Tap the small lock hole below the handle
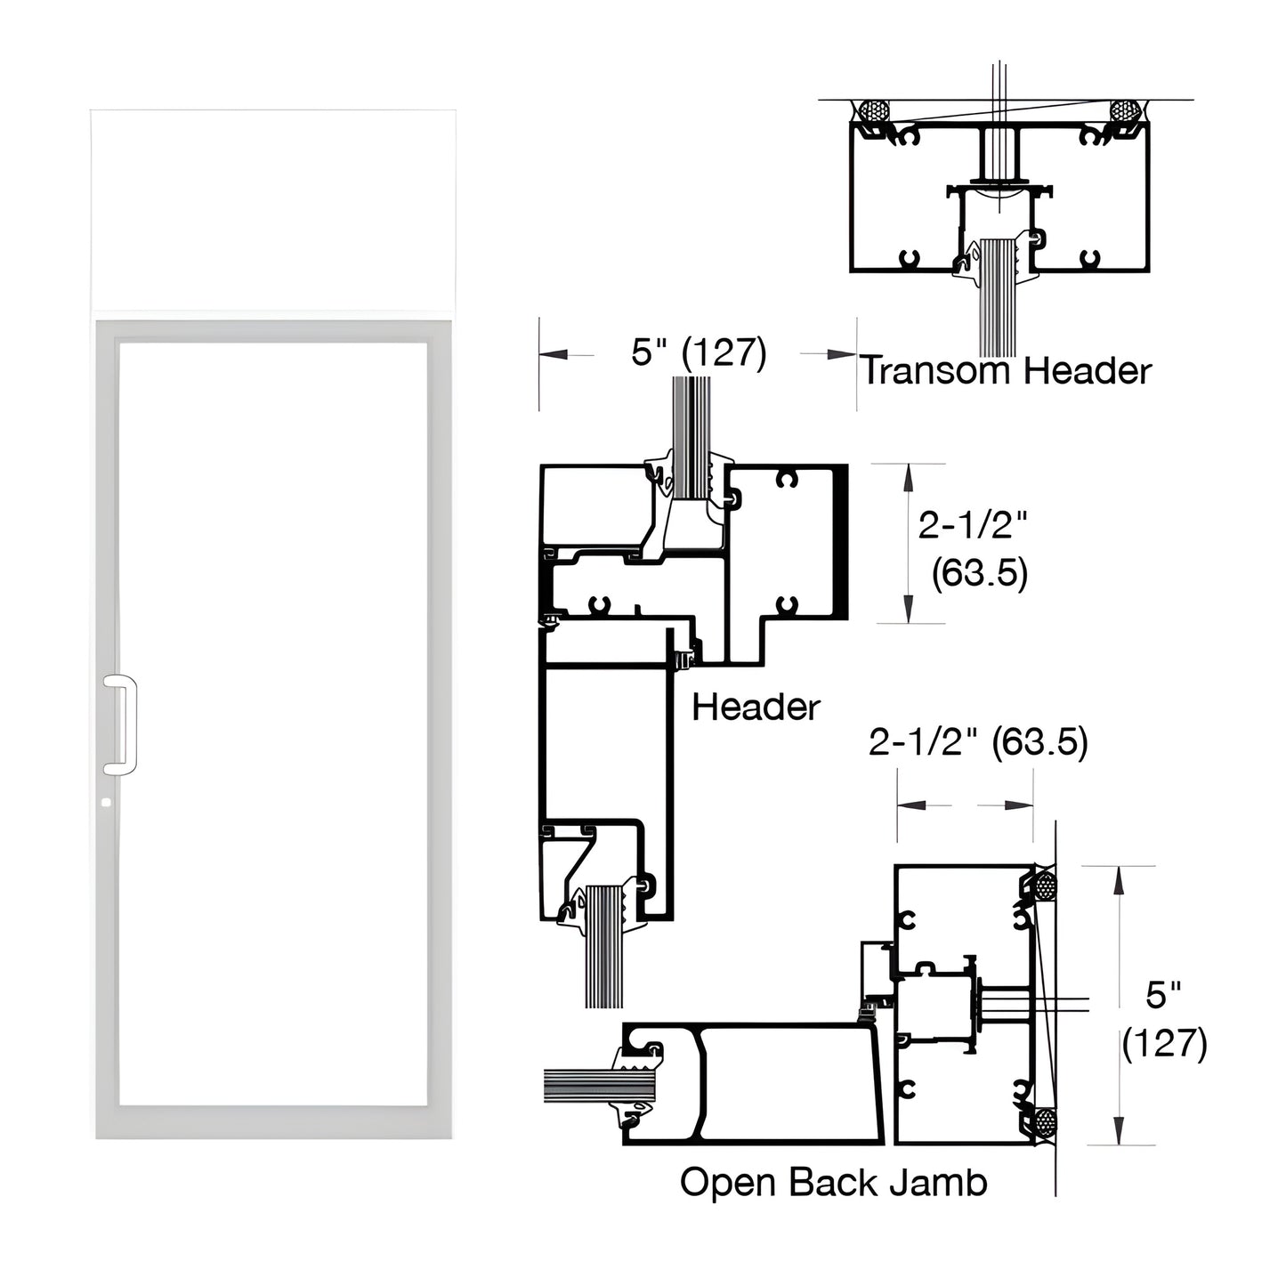click(107, 802)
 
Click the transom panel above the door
click(273, 210)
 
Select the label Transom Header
click(1007, 370)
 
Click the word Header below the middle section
click(756, 708)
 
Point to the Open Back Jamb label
click(833, 1183)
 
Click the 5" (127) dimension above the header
click(699, 353)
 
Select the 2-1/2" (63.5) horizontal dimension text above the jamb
click(978, 741)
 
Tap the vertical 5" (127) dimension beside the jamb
click(1164, 1019)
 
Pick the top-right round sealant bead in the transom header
click(1125, 112)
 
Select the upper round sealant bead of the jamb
click(1045, 886)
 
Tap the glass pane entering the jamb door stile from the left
click(578, 1085)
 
